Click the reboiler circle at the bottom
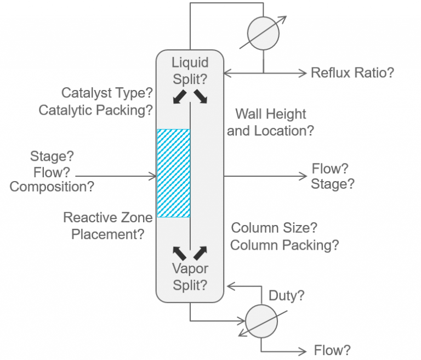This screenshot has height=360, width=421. click(x=261, y=320)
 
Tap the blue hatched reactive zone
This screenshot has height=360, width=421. click(x=174, y=172)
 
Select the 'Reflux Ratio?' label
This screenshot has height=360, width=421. click(x=352, y=72)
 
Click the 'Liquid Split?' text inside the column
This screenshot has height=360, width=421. click(x=190, y=70)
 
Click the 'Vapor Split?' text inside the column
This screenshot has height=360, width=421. click(x=190, y=277)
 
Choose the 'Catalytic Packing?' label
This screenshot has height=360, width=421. click(x=95, y=110)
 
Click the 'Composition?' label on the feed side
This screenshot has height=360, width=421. click(x=52, y=187)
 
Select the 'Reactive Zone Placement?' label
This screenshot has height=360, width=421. click(x=107, y=226)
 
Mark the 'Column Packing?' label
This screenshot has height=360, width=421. click(x=285, y=245)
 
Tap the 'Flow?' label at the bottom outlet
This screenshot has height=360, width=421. click(x=332, y=350)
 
